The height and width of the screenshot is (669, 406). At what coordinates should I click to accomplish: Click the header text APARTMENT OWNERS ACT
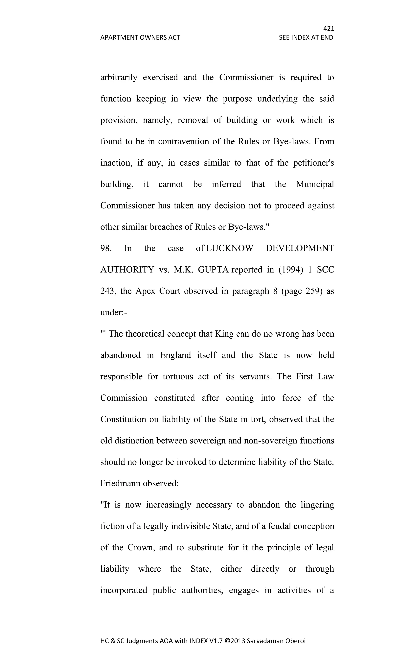point(140,37)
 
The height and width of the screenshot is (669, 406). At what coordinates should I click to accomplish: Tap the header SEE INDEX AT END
point(306,37)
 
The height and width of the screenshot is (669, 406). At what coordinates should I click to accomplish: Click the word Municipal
point(315,184)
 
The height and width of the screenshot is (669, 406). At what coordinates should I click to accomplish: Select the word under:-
point(114,313)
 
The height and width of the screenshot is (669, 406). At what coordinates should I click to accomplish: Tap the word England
point(175,355)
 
